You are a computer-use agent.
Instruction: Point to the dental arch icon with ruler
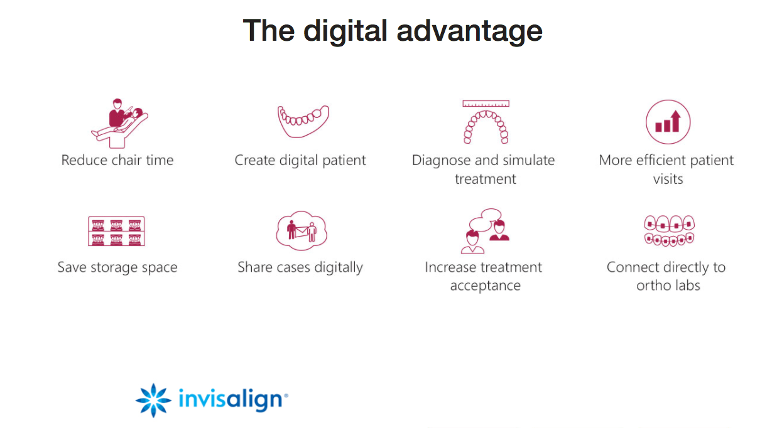[485, 122]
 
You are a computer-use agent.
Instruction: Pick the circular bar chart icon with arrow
[668, 122]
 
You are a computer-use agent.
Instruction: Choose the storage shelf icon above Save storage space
[117, 231]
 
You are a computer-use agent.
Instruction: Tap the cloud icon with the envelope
[302, 230]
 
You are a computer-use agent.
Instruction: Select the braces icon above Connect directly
[669, 230]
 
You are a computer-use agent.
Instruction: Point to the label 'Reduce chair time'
[117, 160]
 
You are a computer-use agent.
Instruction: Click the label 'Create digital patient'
[300, 160]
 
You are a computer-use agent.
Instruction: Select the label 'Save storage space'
[117, 267]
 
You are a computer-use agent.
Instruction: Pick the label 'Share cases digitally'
[300, 267]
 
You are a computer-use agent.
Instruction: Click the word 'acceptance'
[485, 286]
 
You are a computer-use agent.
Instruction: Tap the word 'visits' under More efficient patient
[668, 179]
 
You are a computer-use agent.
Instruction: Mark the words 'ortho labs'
[668, 286]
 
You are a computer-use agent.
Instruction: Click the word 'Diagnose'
[442, 161]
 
